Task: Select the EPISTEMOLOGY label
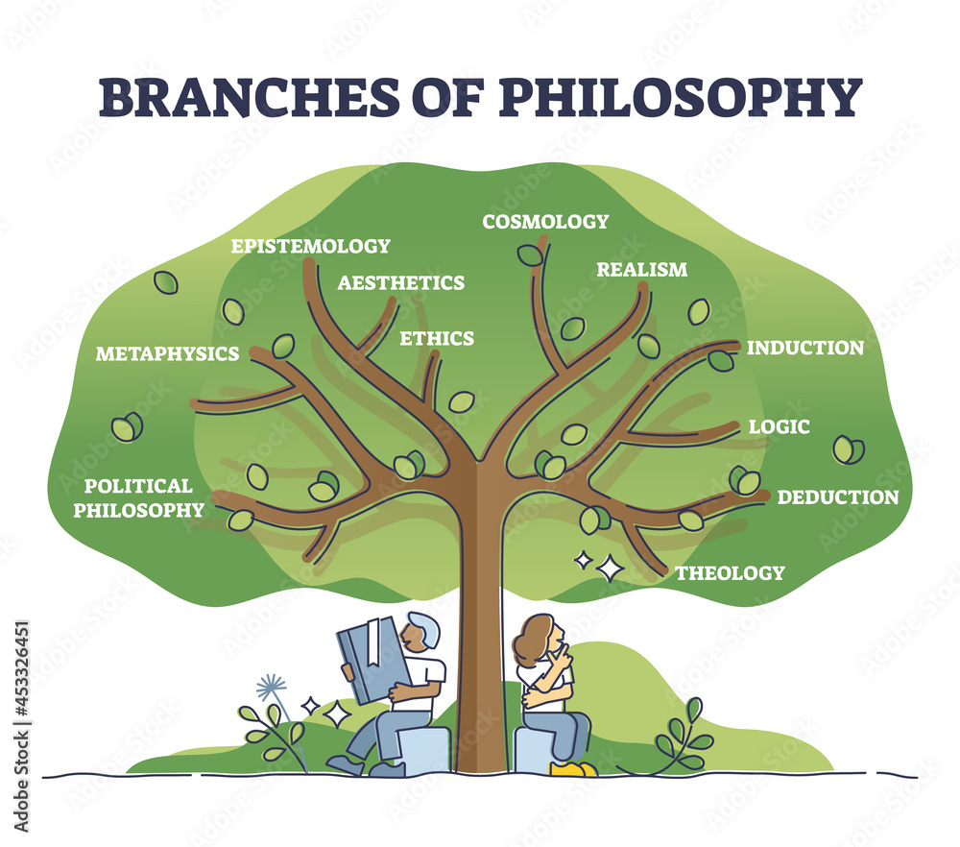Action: [x=310, y=246]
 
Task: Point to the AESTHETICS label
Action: [x=400, y=282]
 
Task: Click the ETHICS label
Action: [x=437, y=338]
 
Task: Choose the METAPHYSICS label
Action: [x=167, y=354]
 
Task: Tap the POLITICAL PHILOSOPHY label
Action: [x=139, y=497]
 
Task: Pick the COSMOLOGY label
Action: [x=545, y=222]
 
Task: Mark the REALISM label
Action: [x=641, y=270]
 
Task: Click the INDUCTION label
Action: [x=804, y=348]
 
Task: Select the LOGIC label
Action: [x=780, y=426]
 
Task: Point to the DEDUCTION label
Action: [x=837, y=497]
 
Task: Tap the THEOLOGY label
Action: [x=730, y=573]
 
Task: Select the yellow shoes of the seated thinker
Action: [x=572, y=768]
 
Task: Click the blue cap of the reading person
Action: [x=424, y=626]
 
